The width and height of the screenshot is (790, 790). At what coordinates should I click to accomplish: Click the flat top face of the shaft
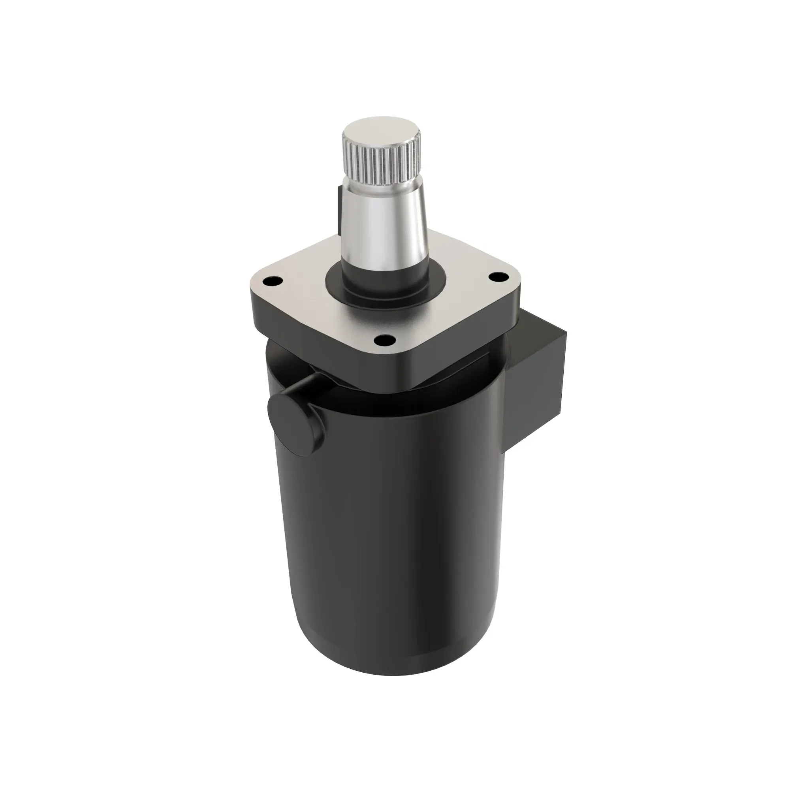380,133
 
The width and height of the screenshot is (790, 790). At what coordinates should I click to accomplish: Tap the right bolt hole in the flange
497,277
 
